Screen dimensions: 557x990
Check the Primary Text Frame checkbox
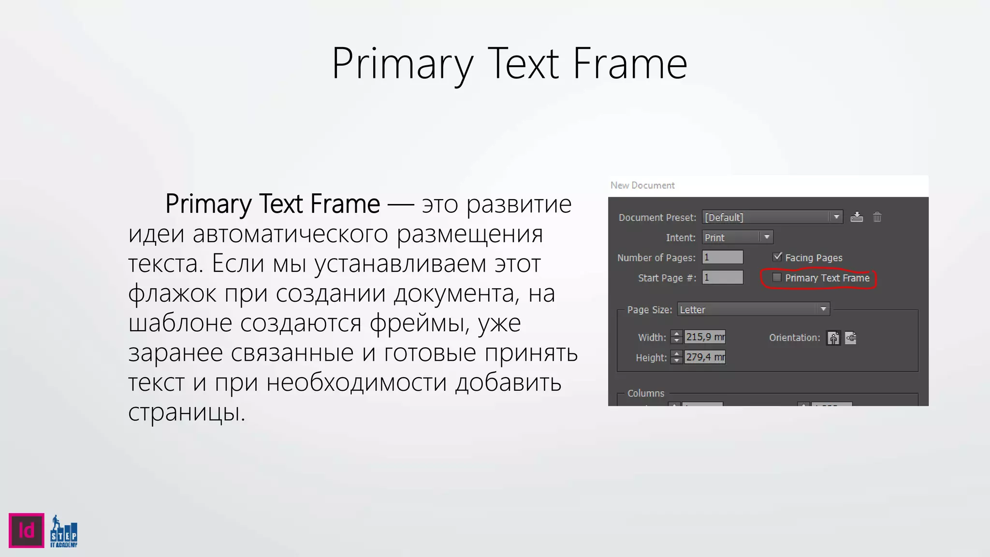tap(777, 278)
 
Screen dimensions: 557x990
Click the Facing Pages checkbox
tap(777, 257)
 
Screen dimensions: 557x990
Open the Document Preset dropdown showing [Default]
tap(772, 217)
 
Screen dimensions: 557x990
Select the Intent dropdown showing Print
tap(737, 237)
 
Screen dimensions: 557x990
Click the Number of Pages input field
tap(722, 257)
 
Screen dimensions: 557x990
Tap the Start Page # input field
tap(722, 278)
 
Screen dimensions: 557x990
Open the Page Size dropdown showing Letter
tap(753, 309)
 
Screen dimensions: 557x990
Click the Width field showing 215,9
tap(705, 337)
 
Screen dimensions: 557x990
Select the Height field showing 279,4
tap(705, 357)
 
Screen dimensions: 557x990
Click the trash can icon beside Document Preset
tap(877, 217)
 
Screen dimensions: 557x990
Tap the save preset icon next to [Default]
tap(857, 217)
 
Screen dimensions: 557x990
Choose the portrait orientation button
tap(833, 337)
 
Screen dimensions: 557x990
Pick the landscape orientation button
tap(851, 337)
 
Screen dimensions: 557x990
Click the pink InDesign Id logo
tap(27, 530)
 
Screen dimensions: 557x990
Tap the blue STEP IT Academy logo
tap(64, 531)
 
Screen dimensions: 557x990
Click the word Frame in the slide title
tap(630, 64)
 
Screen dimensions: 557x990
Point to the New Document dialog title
tap(642, 185)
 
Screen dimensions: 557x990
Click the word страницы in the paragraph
tap(187, 412)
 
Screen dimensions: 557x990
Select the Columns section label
tap(646, 393)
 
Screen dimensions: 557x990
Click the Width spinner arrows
tap(677, 337)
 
